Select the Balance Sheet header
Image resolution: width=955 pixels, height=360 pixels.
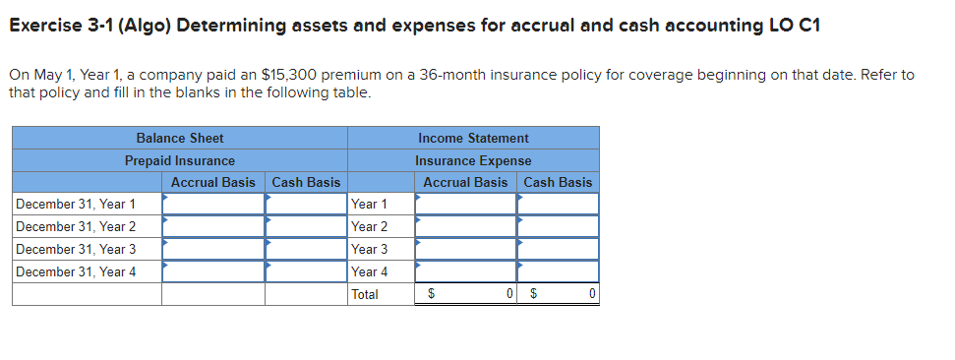pyautogui.click(x=179, y=138)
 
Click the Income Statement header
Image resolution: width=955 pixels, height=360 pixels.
pyautogui.click(x=473, y=138)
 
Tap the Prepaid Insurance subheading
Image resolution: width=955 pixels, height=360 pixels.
pyautogui.click(x=179, y=160)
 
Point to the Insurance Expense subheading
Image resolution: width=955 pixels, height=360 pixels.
pyautogui.click(x=473, y=160)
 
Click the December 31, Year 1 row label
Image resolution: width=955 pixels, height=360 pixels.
pyautogui.click(x=76, y=205)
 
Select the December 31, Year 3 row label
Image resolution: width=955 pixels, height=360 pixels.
pyautogui.click(x=76, y=250)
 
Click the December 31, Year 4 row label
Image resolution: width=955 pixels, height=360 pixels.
pyautogui.click(x=76, y=272)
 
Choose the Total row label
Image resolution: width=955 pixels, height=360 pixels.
pyautogui.click(x=365, y=295)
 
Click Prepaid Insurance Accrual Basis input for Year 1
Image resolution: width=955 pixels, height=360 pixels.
pyautogui.click(x=213, y=205)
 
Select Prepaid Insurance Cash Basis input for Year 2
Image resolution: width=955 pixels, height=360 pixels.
pyautogui.click(x=306, y=227)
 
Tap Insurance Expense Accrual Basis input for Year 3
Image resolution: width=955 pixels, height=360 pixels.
pyautogui.click(x=466, y=250)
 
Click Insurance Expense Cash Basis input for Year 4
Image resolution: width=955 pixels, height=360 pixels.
pyautogui.click(x=559, y=272)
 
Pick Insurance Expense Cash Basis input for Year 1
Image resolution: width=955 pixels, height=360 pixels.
pyautogui.click(x=559, y=205)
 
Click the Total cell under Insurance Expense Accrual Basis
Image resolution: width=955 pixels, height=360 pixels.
pyautogui.click(x=466, y=295)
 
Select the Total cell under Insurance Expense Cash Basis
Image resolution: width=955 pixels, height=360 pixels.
pyautogui.click(x=559, y=295)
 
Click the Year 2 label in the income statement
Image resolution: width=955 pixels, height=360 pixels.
pyautogui.click(x=369, y=227)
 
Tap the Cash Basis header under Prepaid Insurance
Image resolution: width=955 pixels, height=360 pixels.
pyautogui.click(x=306, y=182)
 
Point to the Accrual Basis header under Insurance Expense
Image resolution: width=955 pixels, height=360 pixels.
pyautogui.click(x=465, y=182)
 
